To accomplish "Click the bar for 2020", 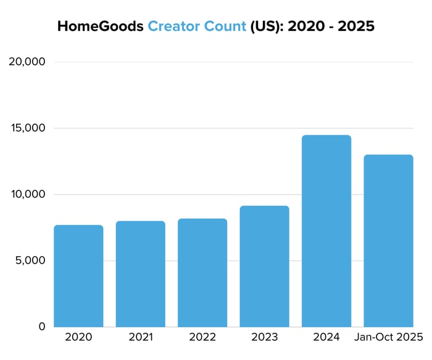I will (x=78, y=276).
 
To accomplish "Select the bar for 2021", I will (x=140, y=274).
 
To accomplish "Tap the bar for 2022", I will (x=202, y=273).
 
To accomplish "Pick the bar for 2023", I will (x=264, y=266).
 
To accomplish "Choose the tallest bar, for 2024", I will (x=326, y=231).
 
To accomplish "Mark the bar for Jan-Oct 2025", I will (x=388, y=241).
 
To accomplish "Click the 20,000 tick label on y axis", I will (x=27, y=62).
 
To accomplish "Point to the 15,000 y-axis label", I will (x=27, y=128).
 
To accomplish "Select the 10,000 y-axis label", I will (x=27, y=195).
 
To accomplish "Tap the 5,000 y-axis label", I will (x=30, y=261).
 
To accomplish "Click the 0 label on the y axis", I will (x=42, y=327).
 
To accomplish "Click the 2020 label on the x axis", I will (x=78, y=338).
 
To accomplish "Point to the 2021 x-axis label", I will (x=140, y=338).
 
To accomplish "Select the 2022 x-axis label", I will (x=202, y=338).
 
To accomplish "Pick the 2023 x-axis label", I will (x=264, y=338).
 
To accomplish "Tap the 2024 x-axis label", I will (x=326, y=338).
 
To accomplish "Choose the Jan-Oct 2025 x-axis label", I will (x=388, y=338).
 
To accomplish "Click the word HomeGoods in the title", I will (x=101, y=27).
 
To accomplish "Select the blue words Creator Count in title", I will (x=197, y=27).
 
